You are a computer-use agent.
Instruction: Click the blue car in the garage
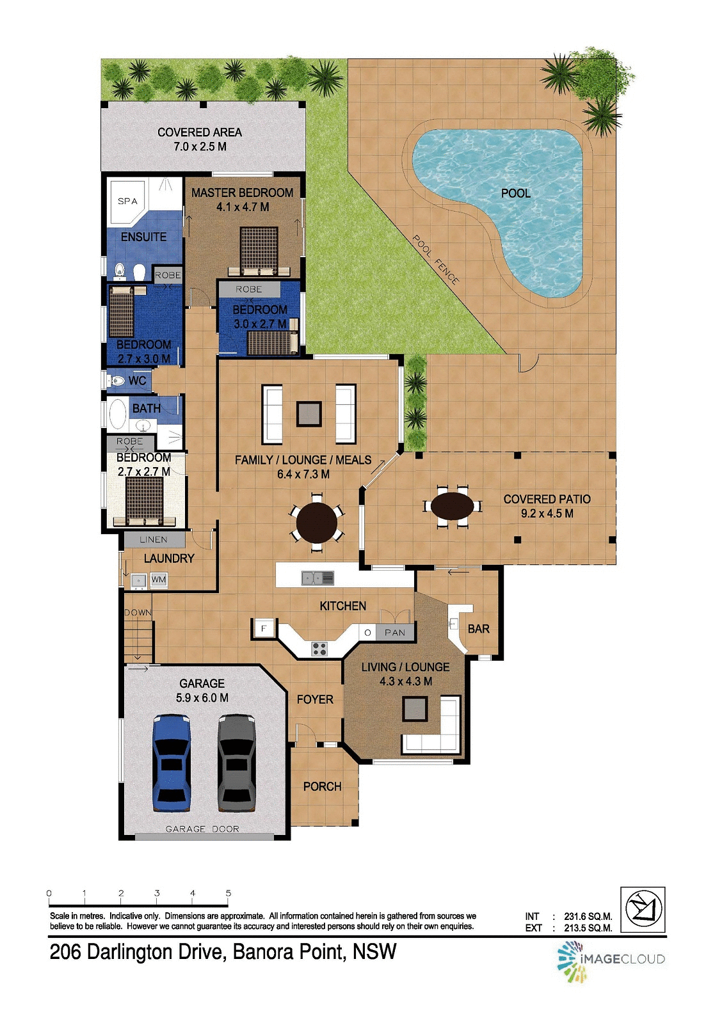click(172, 763)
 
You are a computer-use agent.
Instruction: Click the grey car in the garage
click(236, 763)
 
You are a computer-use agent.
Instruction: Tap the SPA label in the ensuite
click(127, 201)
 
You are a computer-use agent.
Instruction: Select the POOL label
click(515, 193)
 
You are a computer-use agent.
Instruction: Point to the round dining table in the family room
click(317, 522)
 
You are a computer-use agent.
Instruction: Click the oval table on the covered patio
click(453, 506)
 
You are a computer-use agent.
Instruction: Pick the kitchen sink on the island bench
click(317, 578)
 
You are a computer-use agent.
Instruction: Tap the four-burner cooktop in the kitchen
click(319, 649)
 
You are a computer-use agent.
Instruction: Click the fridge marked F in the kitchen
click(263, 628)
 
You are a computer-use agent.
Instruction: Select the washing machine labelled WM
click(158, 580)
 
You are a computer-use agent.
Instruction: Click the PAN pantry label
click(394, 632)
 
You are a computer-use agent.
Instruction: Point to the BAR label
click(478, 629)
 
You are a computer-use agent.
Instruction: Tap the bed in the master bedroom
click(259, 250)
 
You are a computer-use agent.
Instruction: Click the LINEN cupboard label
click(154, 539)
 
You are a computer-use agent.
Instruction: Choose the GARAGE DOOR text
click(202, 828)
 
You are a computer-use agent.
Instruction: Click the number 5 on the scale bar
click(229, 893)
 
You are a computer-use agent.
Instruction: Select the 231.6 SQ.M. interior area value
click(588, 916)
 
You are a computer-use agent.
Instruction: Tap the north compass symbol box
click(643, 910)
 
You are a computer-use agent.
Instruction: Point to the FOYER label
click(315, 699)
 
